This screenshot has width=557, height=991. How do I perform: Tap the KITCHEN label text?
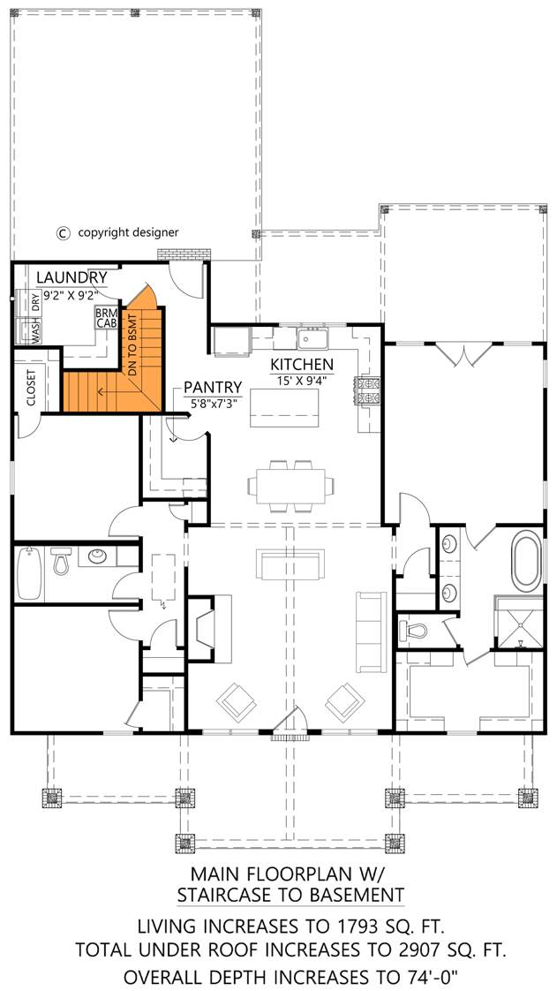click(x=302, y=364)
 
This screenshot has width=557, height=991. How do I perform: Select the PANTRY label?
click(x=213, y=387)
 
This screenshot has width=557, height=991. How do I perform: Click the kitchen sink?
click(x=312, y=339)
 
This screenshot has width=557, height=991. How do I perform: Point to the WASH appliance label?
click(x=36, y=332)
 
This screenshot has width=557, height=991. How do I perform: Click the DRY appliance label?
click(x=36, y=303)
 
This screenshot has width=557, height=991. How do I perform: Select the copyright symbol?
click(x=63, y=233)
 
